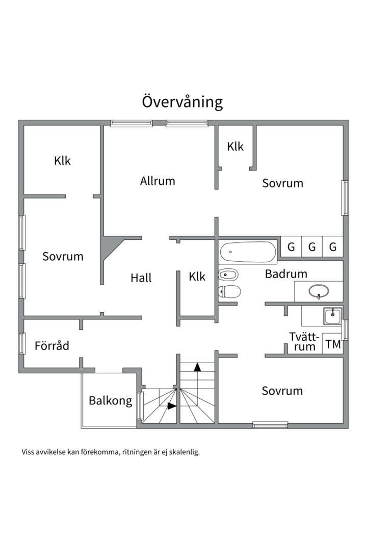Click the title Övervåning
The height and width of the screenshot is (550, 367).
[x=182, y=102]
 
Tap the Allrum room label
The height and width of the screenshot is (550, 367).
[x=158, y=181]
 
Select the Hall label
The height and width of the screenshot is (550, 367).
[x=141, y=278]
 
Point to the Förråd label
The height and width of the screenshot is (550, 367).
[x=51, y=346]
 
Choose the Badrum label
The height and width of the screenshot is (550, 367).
[x=286, y=274]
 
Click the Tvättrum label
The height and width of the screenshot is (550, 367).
[x=304, y=342]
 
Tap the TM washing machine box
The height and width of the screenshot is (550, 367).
[x=333, y=344]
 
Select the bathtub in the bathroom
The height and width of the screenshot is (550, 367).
[x=248, y=251]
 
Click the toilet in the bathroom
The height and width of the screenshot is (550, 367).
[x=229, y=291]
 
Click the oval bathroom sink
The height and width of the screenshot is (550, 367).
[x=319, y=291]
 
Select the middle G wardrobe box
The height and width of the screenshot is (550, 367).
[x=312, y=248]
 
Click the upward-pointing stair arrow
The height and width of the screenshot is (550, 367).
[x=198, y=366]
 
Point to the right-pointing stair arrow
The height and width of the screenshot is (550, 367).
[x=172, y=406]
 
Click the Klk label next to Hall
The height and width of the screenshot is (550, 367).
[x=197, y=277]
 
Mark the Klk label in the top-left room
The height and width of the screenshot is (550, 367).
[x=62, y=161]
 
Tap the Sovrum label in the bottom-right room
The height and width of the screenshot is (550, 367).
[x=282, y=391]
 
